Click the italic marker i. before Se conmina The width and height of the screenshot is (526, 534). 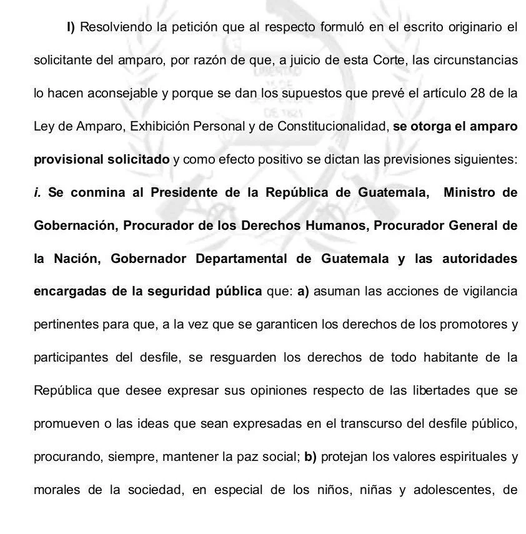coord(37,192)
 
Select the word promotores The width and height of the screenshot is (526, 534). coord(474,324)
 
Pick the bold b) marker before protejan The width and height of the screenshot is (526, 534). coord(311,456)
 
